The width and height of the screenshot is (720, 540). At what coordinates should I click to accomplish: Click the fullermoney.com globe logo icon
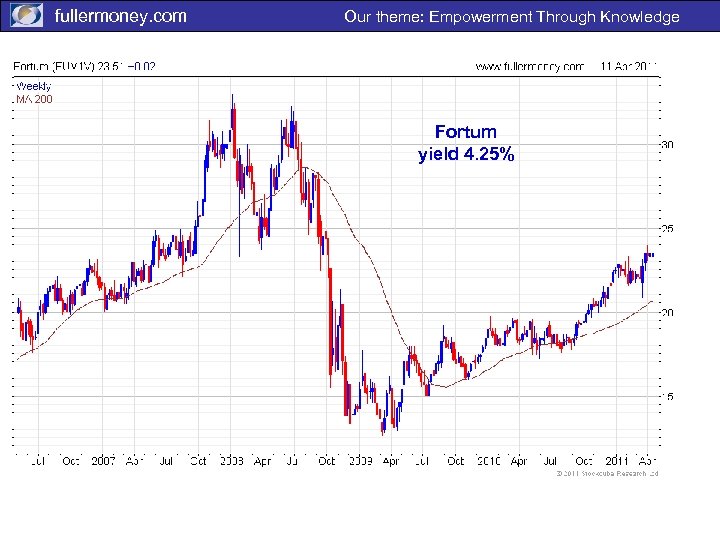coord(26,16)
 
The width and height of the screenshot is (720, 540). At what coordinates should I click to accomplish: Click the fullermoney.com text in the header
coord(120,16)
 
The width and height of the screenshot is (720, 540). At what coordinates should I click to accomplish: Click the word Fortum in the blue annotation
coord(466,132)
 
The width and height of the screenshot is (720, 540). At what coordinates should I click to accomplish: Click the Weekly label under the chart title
coord(33,86)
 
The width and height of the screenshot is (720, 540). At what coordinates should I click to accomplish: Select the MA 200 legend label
coord(34,98)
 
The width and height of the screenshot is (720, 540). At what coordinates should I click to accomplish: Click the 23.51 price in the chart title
coord(111,67)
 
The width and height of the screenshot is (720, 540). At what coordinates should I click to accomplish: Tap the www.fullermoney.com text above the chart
coord(529,67)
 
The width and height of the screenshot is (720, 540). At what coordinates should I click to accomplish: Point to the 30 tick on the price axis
coord(666,145)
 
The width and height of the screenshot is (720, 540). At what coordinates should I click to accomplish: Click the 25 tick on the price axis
coord(666,229)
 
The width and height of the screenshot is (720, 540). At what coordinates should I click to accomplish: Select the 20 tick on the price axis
coord(666,313)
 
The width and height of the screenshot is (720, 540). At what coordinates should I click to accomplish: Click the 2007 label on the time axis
coord(103,461)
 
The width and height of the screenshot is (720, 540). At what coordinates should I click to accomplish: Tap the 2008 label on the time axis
coord(230,461)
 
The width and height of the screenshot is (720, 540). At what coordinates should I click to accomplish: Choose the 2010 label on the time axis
coord(487,461)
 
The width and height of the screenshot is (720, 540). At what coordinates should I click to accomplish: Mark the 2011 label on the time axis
coord(614,461)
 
